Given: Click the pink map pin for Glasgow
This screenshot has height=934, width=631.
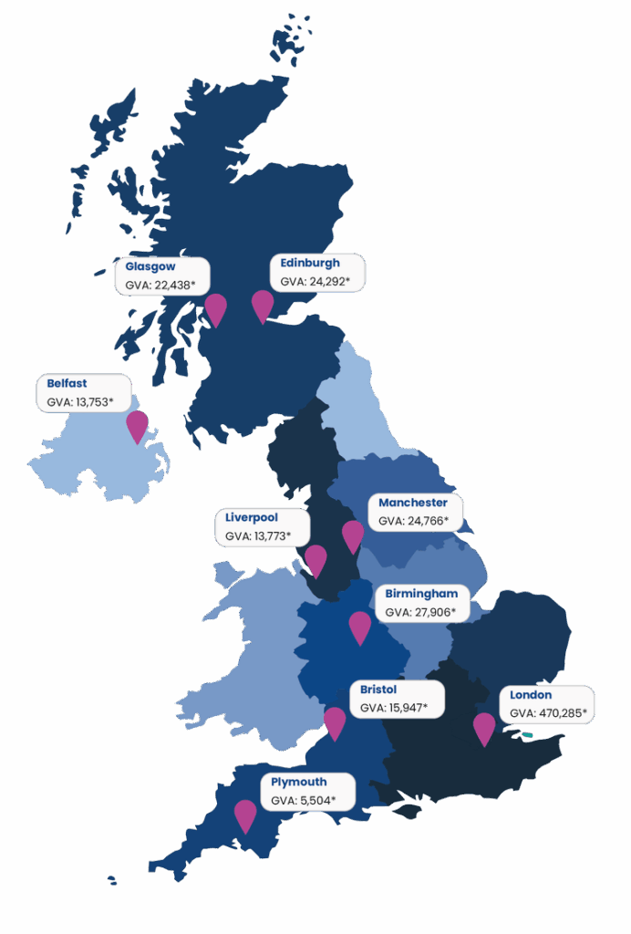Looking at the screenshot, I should click(x=215, y=306).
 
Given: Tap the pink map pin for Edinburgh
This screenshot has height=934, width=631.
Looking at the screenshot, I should click(x=263, y=304).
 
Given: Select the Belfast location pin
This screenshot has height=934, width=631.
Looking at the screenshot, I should click(x=138, y=423).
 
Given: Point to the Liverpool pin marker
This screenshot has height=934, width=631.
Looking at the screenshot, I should click(x=315, y=558).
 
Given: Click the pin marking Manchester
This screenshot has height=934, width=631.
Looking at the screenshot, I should click(x=353, y=534).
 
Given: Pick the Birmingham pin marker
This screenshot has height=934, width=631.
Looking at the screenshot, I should click(x=360, y=625).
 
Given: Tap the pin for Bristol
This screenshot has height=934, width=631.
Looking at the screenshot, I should click(x=336, y=721).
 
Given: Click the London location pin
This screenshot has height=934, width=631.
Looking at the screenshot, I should click(x=484, y=726).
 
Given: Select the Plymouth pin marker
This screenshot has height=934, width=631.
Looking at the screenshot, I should click(x=245, y=813).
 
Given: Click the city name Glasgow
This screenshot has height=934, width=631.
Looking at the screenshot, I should click(x=150, y=267).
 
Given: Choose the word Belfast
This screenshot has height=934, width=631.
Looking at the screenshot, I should click(x=67, y=383).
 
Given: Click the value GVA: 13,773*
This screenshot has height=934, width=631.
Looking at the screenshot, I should click(x=259, y=536).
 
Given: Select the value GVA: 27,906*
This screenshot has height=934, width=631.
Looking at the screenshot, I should click(x=420, y=612).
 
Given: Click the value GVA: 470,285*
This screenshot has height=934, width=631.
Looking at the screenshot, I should click(x=547, y=713).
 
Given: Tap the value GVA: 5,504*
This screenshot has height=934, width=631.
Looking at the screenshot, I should click(x=304, y=800).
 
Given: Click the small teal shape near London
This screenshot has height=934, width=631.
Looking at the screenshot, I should click(x=527, y=734).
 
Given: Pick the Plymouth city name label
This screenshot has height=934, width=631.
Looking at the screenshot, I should click(x=299, y=782).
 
